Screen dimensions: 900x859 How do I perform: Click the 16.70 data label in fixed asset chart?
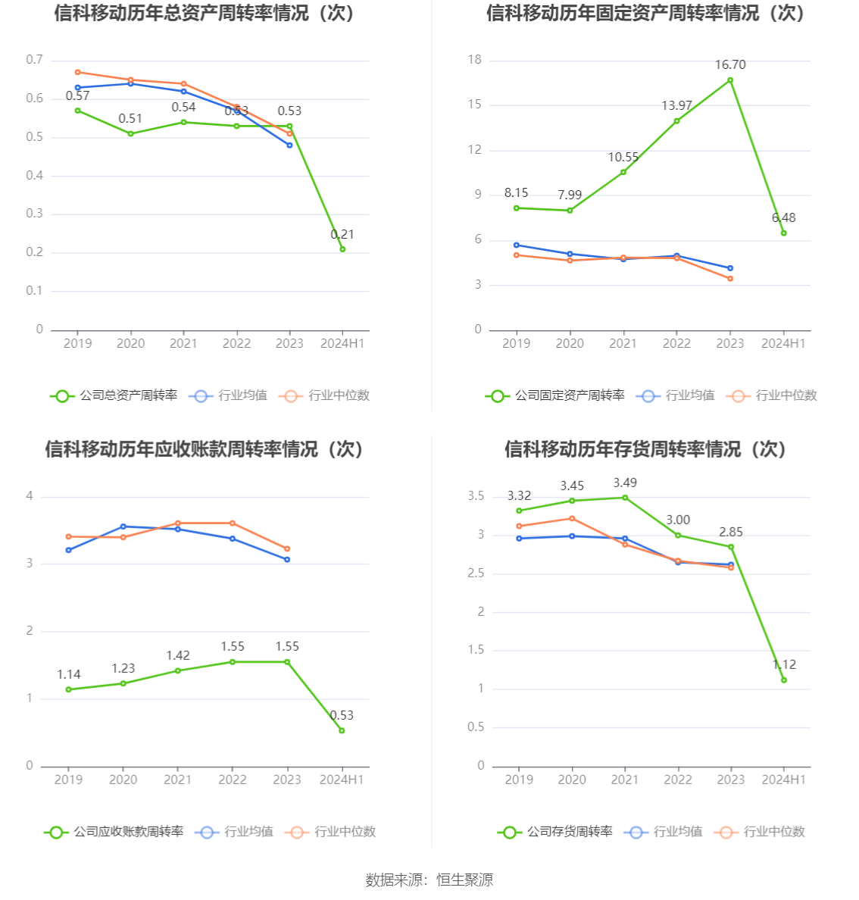pos(730,65)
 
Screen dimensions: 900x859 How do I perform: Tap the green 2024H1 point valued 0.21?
pos(342,249)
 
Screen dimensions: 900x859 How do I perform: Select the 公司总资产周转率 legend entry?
pos(114,395)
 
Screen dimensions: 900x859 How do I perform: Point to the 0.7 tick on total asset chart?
pos(35,60)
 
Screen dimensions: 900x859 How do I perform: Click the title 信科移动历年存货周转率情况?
pos(645,449)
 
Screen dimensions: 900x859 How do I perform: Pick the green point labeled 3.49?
pos(625,498)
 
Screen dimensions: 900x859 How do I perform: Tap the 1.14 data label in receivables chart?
pos(69,674)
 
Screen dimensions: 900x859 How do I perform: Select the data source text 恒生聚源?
pos(465,880)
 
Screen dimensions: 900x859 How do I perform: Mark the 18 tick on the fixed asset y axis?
pos(475,60)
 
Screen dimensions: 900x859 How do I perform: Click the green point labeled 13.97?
pos(676,121)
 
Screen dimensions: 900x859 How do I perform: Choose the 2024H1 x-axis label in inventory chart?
pos(784,780)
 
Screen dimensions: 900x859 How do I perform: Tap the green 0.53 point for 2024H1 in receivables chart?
pos(342,730)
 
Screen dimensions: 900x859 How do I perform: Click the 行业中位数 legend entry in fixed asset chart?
pos(772,395)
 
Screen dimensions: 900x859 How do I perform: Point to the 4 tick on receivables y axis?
pos(30,496)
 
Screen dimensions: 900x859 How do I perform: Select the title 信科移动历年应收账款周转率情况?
pos(205,449)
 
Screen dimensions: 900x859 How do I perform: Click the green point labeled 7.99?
pos(570,211)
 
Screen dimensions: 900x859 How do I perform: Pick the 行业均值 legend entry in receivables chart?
pos(234,832)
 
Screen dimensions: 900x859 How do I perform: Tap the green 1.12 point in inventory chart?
pos(784,680)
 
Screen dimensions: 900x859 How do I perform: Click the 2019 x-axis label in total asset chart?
pos(77,343)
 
